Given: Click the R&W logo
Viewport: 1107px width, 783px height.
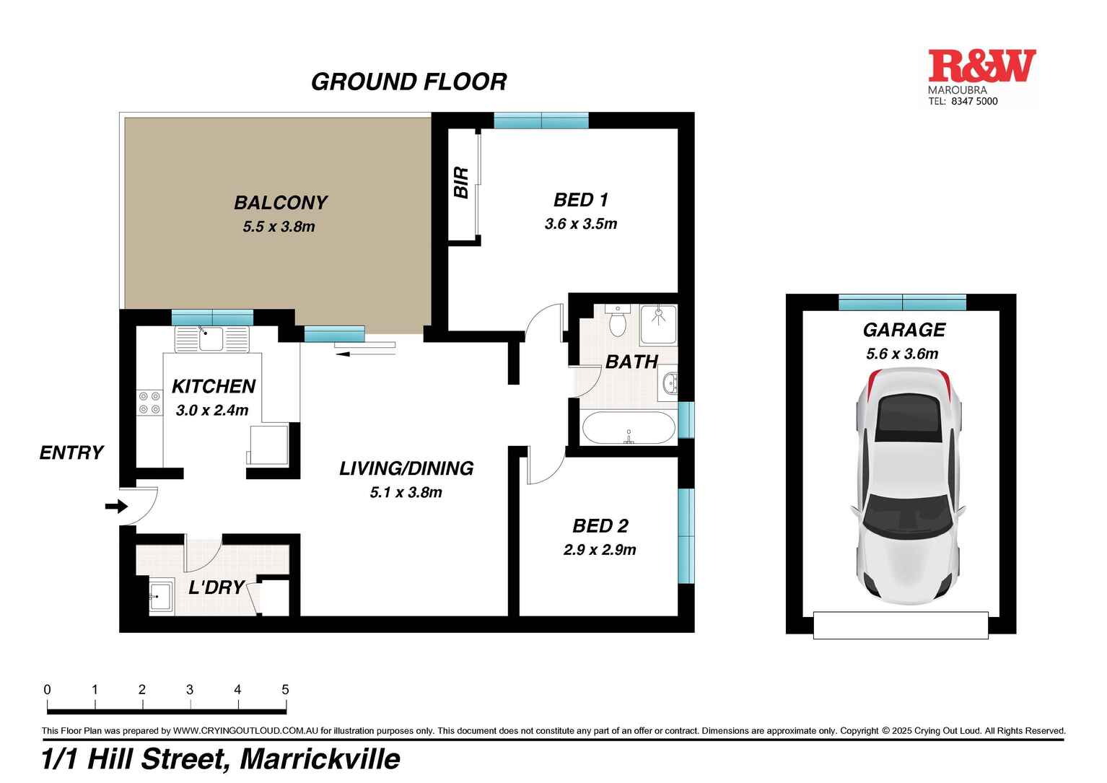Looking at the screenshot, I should [x=981, y=66].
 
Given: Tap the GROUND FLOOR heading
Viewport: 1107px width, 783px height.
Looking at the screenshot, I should [x=408, y=82].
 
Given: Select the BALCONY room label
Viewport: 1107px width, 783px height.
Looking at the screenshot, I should [x=281, y=203].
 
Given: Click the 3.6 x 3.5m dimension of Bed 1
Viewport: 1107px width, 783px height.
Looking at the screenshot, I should [x=580, y=224].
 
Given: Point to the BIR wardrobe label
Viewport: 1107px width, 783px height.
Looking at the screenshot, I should [x=461, y=183].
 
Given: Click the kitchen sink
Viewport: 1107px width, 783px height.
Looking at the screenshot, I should [x=211, y=338].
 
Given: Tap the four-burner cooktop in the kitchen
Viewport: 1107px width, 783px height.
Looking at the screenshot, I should [x=149, y=403].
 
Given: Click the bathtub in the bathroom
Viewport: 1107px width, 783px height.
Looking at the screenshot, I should [x=628, y=428].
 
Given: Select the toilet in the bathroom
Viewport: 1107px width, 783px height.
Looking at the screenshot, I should [x=618, y=321].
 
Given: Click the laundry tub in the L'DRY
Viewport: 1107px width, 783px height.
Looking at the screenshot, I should [x=161, y=597].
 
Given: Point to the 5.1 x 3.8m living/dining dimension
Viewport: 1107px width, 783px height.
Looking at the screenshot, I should [x=406, y=493].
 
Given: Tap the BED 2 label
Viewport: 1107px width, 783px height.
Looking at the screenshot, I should [x=600, y=526].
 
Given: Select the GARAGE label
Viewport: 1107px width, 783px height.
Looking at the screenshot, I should [x=903, y=330].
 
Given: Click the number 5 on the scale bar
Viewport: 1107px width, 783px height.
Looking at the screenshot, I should [x=285, y=690].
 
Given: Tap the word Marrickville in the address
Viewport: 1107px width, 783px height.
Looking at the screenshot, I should [x=320, y=759].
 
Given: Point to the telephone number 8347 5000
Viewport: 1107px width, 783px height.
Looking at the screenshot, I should [x=973, y=102].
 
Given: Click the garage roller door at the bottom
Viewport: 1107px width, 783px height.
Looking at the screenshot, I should [x=900, y=625].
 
